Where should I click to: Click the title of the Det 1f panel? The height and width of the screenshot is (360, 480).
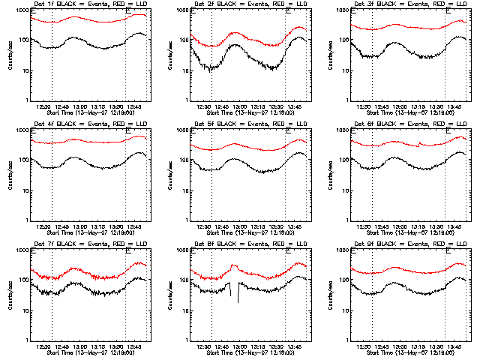[90, 4]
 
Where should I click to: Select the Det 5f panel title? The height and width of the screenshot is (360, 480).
[250, 124]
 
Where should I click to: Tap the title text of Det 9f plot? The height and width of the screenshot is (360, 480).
[410, 244]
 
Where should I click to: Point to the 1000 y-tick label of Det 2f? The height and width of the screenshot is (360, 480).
[180, 10]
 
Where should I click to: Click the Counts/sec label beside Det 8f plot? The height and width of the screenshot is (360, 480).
[171, 296]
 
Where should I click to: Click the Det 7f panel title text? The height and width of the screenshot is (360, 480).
[90, 244]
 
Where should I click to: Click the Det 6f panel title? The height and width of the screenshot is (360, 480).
[410, 124]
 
